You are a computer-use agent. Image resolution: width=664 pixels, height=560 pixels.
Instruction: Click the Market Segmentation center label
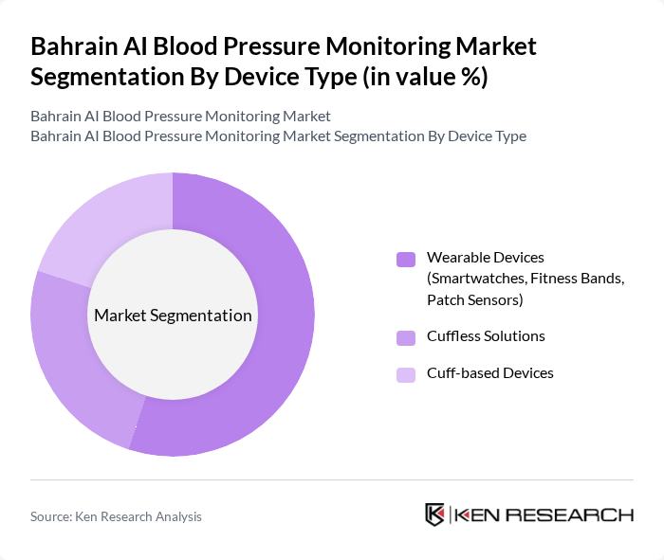[x=173, y=316]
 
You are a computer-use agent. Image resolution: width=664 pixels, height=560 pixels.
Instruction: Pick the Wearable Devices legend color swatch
[x=406, y=259]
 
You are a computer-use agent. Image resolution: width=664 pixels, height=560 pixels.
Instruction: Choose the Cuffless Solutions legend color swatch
[x=406, y=336]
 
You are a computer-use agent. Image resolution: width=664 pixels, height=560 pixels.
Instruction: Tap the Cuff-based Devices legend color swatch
[x=406, y=374]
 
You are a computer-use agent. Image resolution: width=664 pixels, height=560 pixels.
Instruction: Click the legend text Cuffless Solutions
[x=486, y=336]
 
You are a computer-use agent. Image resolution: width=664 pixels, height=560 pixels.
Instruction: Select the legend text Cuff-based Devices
[x=489, y=373]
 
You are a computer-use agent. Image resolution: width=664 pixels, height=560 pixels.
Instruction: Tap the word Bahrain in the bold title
[x=70, y=45]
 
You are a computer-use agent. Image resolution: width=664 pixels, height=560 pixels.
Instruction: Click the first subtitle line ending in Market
[x=180, y=117]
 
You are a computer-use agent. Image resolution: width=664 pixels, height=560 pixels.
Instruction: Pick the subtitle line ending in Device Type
[x=278, y=136]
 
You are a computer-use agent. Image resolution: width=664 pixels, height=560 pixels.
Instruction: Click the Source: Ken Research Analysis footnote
[x=116, y=516]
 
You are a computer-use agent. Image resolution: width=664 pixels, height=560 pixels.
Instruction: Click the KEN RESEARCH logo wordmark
[x=544, y=515]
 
